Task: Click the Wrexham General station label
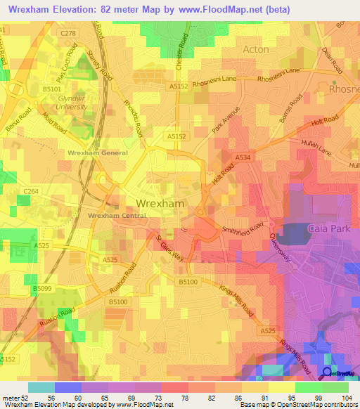[x=98, y=152]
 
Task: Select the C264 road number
[x=31, y=191]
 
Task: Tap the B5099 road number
[x=43, y=288]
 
